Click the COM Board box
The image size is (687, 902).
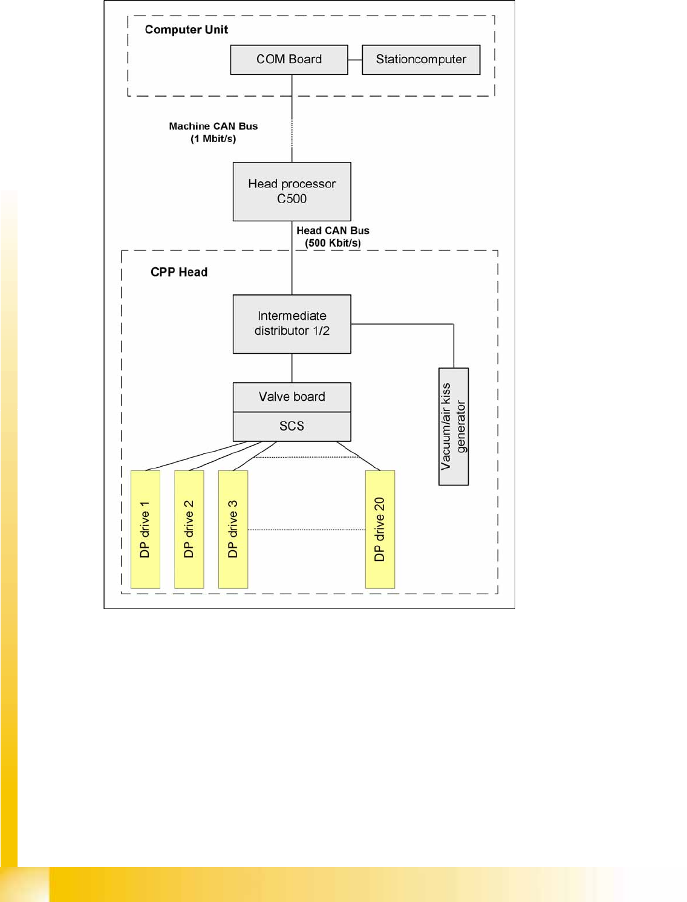(289, 59)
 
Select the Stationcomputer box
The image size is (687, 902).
(421, 59)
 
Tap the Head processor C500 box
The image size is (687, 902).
(291, 191)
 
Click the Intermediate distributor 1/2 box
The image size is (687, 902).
(291, 323)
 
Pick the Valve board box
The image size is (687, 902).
(291, 397)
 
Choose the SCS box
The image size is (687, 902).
(291, 426)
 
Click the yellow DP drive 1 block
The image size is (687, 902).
(145, 529)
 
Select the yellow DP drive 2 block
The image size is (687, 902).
(189, 529)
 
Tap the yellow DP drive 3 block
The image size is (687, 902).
(233, 529)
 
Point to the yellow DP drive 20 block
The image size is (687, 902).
(380, 529)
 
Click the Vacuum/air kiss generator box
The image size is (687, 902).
(454, 426)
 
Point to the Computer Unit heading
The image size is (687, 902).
(186, 30)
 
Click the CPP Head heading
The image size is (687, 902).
(179, 272)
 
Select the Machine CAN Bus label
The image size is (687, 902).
(213, 126)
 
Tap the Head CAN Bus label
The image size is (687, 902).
(333, 230)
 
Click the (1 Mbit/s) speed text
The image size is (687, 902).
(213, 139)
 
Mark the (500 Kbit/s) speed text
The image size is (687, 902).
(333, 243)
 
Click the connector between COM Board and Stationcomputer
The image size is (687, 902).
(355, 59)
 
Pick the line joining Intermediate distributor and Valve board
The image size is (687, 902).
(292, 368)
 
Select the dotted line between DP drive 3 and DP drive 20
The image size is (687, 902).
(307, 530)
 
